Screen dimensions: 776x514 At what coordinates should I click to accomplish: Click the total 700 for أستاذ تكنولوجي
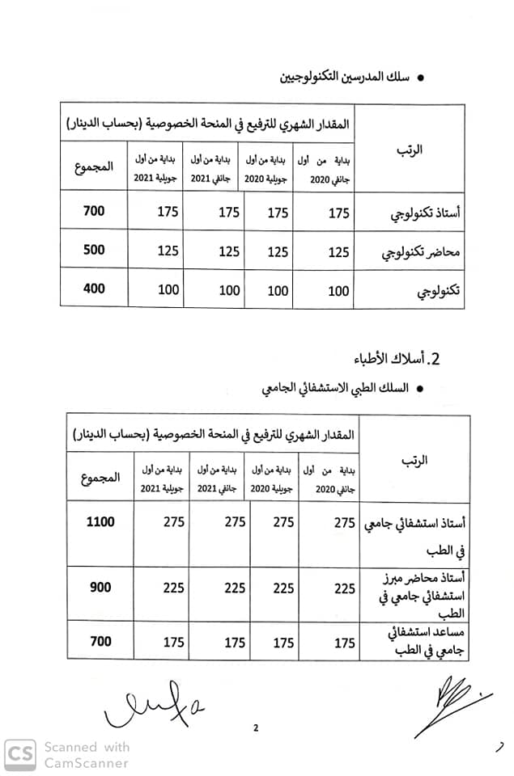point(95,212)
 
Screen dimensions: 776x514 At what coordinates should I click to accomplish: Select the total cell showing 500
point(95,251)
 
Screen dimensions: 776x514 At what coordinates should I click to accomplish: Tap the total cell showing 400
point(95,289)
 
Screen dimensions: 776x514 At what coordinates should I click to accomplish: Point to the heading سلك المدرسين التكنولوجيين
point(344,79)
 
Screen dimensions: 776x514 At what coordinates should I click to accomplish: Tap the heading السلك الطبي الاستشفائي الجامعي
point(339,389)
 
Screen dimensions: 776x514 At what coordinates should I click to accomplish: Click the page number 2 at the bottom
point(256,728)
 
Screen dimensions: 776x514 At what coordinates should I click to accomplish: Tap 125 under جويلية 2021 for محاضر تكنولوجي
point(168,251)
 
